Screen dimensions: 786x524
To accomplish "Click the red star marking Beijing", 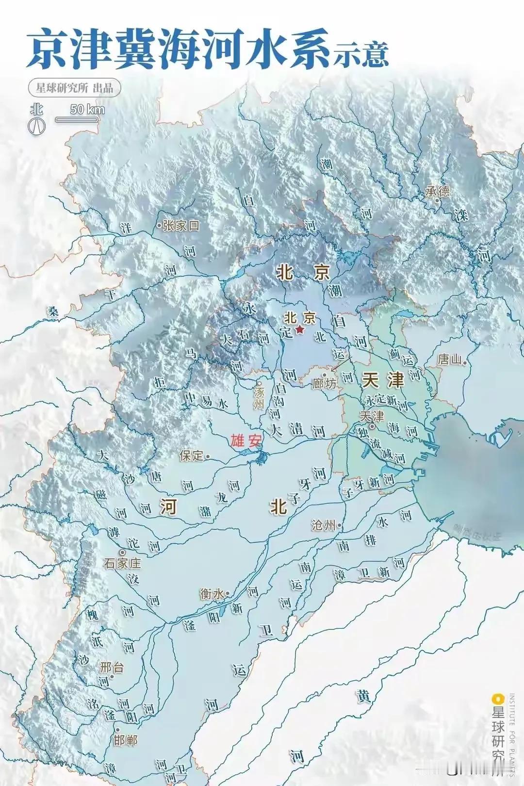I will [300, 330].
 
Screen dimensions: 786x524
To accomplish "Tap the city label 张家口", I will [181, 226].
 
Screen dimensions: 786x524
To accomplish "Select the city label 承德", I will [438, 191].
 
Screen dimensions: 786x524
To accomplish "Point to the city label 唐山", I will [449, 360].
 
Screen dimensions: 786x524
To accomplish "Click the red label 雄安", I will [246, 441].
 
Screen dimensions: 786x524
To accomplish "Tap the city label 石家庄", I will [122, 563].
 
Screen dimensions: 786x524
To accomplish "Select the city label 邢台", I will [112, 667].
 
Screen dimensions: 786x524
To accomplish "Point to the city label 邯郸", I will [125, 740].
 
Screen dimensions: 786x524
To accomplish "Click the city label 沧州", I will [323, 525].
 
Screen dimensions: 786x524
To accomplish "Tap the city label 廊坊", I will [324, 383].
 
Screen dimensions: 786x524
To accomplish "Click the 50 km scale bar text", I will [87, 109].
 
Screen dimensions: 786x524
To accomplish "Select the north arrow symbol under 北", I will [37, 125].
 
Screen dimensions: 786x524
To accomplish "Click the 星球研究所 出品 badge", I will [74, 87].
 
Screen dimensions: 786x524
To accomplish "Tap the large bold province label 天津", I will [382, 380].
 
